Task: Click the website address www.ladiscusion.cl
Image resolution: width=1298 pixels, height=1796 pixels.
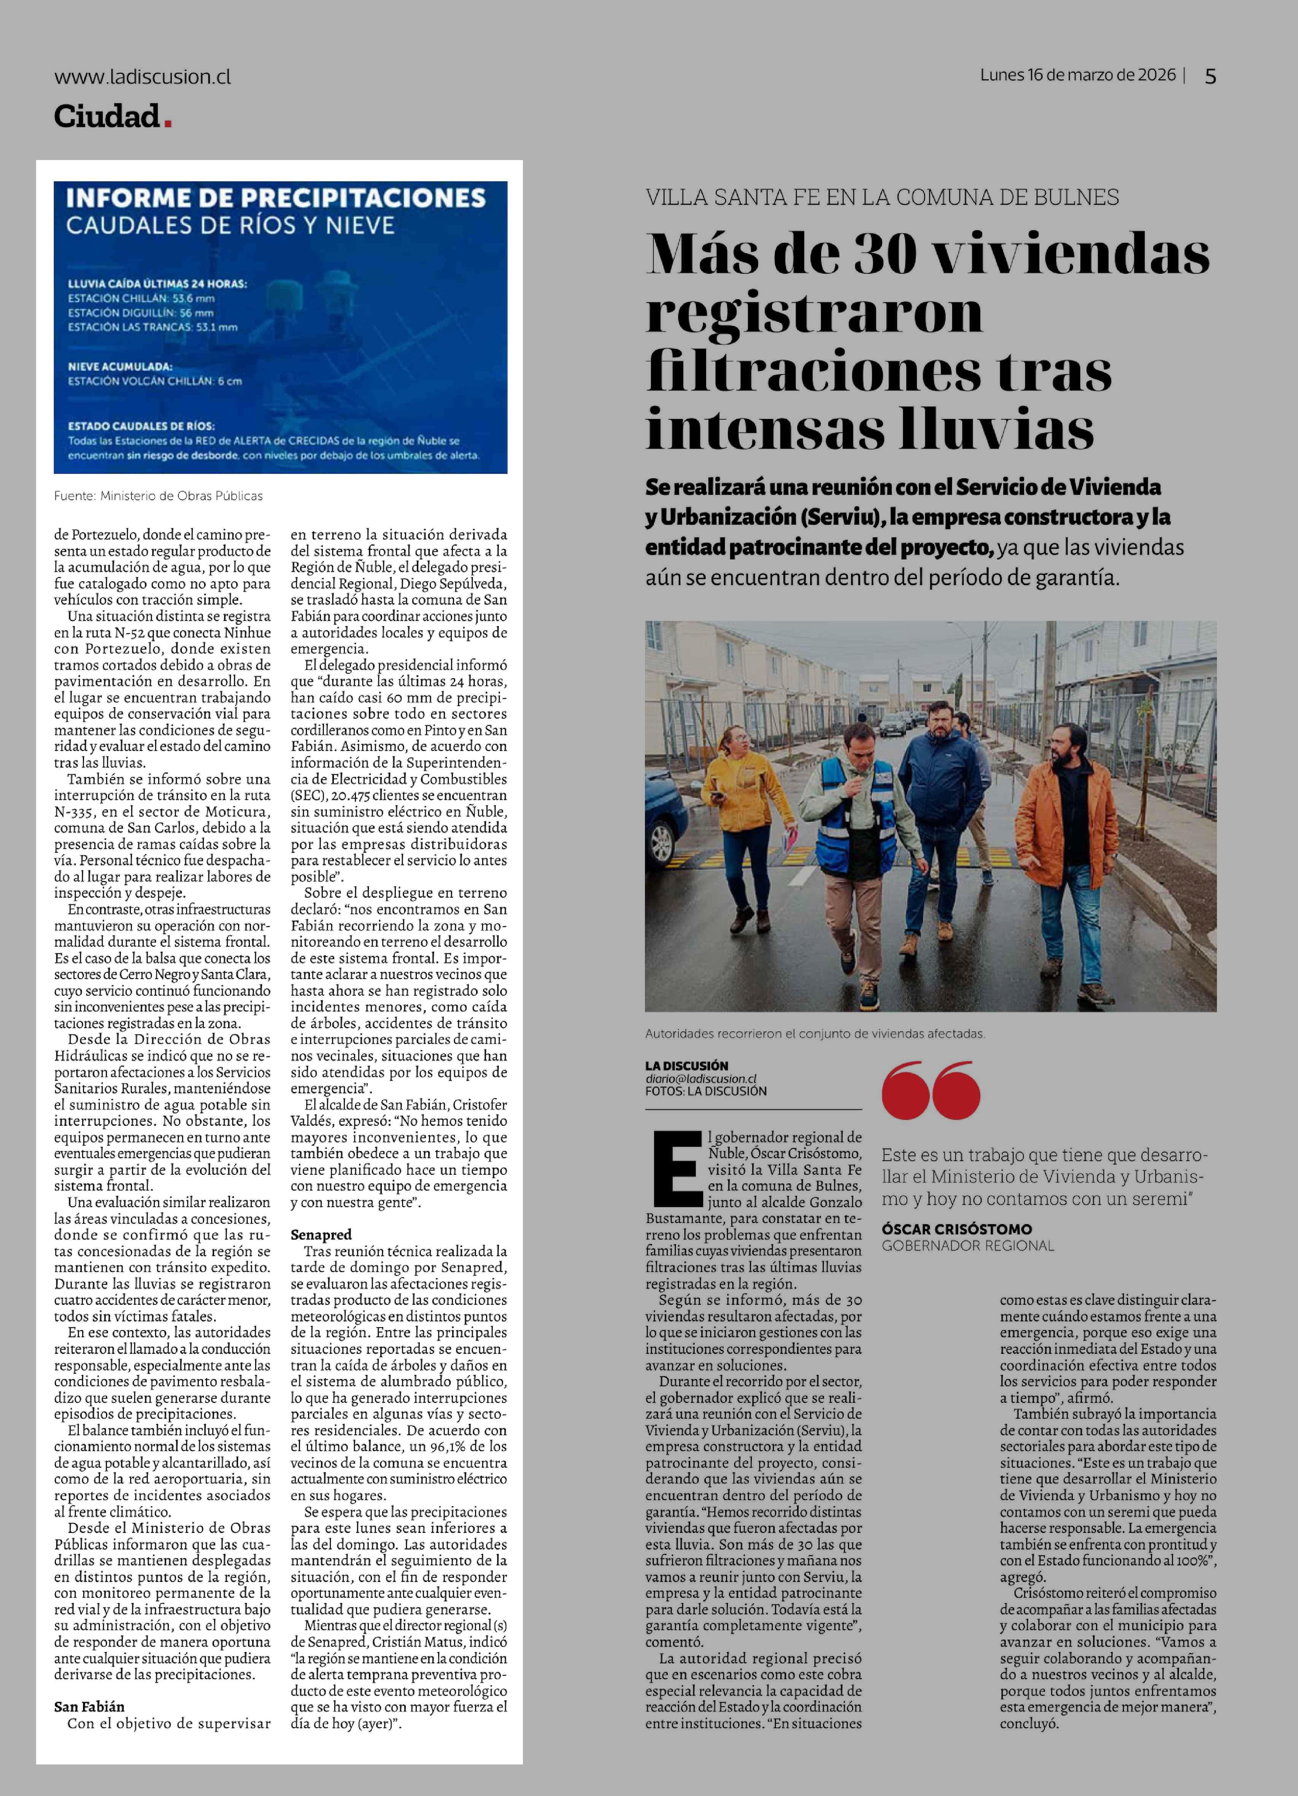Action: pyautogui.click(x=143, y=77)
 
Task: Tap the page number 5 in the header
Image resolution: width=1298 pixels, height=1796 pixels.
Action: pyautogui.click(x=1210, y=76)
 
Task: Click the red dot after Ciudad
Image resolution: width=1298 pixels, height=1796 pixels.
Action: pyautogui.click(x=168, y=123)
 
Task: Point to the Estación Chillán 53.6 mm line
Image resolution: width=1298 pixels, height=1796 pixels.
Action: pyautogui.click(x=141, y=298)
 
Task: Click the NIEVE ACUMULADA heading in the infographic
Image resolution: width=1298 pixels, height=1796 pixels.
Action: pyautogui.click(x=121, y=366)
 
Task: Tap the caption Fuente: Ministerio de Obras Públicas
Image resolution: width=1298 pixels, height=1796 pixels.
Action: pyautogui.click(x=158, y=496)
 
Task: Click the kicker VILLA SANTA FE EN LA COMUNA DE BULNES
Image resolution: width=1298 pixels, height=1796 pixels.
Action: pyautogui.click(x=882, y=197)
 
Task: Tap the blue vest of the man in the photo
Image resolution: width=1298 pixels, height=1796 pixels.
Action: pyautogui.click(x=855, y=820)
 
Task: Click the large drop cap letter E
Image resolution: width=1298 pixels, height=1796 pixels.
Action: pyautogui.click(x=677, y=1168)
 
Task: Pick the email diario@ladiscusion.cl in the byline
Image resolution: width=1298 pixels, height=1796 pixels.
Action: pyautogui.click(x=701, y=1079)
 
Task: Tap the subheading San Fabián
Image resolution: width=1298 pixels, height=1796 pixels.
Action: pyautogui.click(x=89, y=1707)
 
